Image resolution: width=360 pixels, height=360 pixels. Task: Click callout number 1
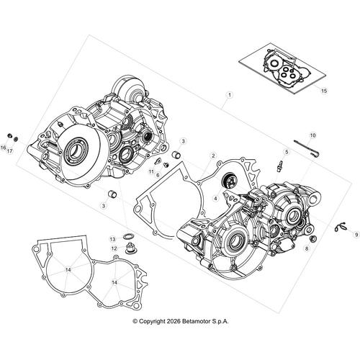229,95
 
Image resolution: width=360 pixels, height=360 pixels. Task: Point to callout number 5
285,152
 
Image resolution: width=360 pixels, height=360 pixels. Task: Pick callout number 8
307,248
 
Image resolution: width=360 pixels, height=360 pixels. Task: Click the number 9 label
355,234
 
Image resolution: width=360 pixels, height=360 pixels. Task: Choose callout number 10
312,135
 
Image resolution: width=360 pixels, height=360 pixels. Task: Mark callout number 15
324,91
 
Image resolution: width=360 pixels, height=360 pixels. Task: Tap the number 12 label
114,248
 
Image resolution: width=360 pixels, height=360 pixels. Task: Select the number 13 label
113,238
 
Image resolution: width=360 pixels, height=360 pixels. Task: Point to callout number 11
152,173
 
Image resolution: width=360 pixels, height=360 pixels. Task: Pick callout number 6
158,175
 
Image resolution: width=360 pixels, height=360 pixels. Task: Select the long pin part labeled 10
306,146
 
